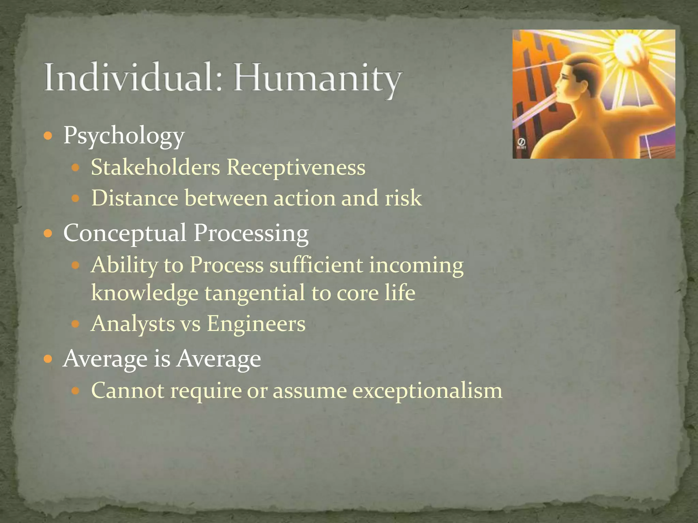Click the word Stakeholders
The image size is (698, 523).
(155, 167)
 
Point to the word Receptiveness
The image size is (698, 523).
(296, 168)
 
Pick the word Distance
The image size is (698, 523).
(135, 198)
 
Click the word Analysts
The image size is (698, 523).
(133, 323)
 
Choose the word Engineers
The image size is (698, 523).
(256, 324)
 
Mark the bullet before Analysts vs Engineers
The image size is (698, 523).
(76, 323)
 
